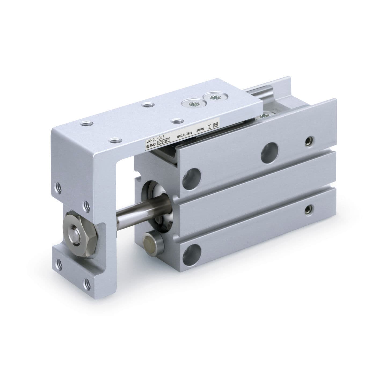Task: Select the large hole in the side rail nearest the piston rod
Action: (x=192, y=176)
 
